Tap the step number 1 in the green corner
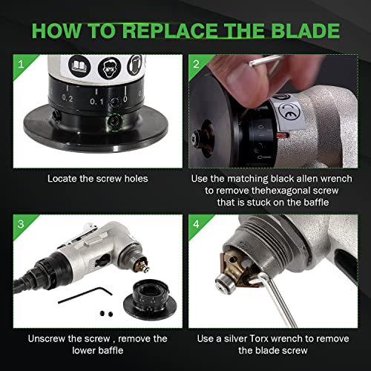click(21, 65)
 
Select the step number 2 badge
click(196, 65)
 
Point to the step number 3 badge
click(21, 224)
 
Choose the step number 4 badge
click(196, 224)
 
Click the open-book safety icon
click(79, 66)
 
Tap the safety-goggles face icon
click(109, 68)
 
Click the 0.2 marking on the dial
click(68, 99)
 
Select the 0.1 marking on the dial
click(96, 102)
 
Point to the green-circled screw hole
click(114, 121)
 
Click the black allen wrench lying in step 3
click(85, 295)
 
